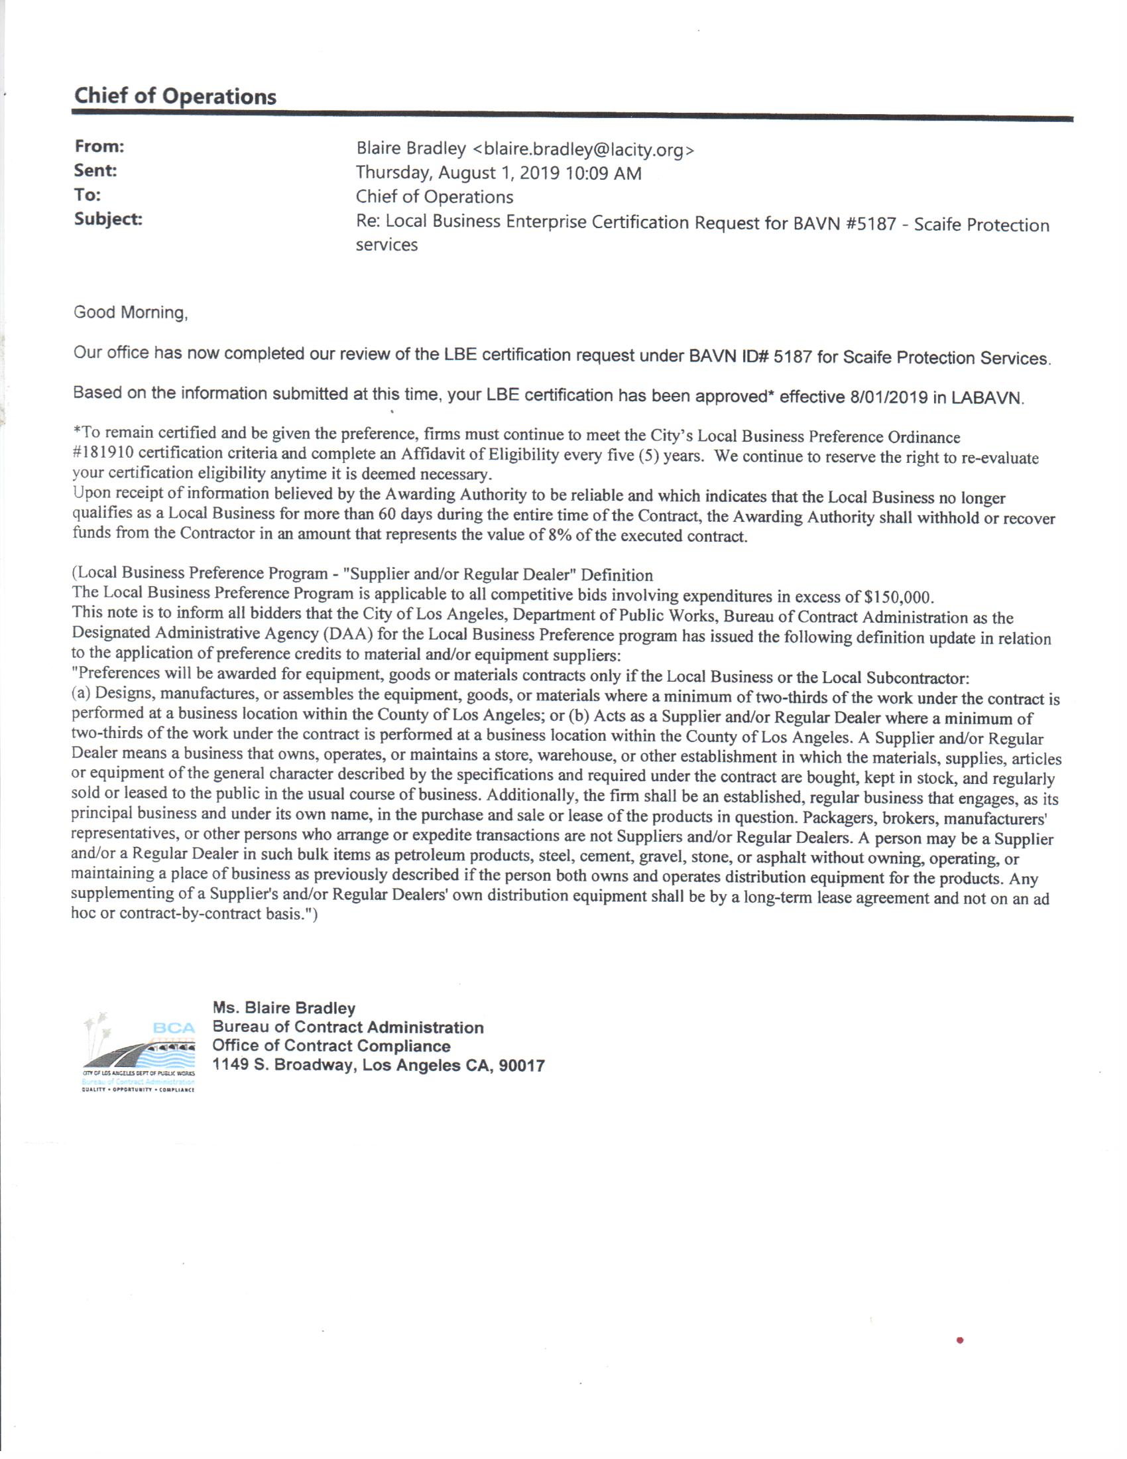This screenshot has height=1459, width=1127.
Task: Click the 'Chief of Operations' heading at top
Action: click(x=175, y=96)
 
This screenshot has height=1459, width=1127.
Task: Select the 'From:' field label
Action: click(x=99, y=147)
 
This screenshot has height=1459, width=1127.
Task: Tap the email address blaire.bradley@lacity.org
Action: click(x=583, y=150)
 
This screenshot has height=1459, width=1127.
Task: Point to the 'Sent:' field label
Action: click(x=95, y=170)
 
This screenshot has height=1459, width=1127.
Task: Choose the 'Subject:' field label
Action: click(x=108, y=219)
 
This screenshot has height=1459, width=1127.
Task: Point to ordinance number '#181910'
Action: click(x=103, y=454)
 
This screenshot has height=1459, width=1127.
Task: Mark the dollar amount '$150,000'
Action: click(x=898, y=597)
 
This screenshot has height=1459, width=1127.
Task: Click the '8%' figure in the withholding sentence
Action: click(x=560, y=536)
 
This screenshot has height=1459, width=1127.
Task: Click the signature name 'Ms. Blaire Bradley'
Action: click(x=284, y=1008)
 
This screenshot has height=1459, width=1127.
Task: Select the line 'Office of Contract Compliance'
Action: click(x=331, y=1046)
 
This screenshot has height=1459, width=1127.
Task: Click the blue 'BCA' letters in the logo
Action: click(x=174, y=1028)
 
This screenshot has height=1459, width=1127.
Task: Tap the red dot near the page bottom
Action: click(x=959, y=1340)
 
